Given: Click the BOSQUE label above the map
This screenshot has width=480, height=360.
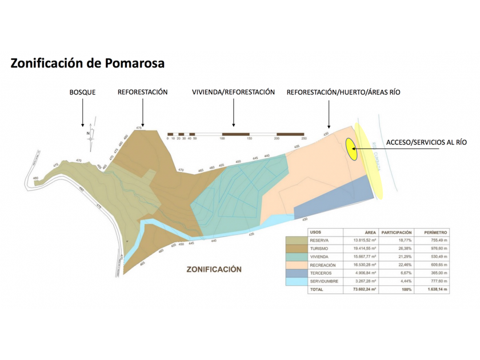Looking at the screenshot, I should pyautogui.click(x=82, y=92).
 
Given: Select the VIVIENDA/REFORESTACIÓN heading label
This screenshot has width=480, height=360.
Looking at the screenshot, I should pyautogui.click(x=233, y=92).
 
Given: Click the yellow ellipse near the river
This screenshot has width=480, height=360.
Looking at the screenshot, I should pyautogui.click(x=351, y=149).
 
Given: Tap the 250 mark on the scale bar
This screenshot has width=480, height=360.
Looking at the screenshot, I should pyautogui.click(x=304, y=139).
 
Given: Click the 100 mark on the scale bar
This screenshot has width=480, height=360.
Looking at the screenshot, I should pyautogui.click(x=222, y=139).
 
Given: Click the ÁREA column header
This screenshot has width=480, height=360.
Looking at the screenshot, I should pyautogui.click(x=370, y=233).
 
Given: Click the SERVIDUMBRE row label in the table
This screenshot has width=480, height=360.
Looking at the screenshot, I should pyautogui.click(x=323, y=281).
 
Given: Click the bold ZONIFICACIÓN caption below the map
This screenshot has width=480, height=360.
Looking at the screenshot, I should pyautogui.click(x=214, y=269).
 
